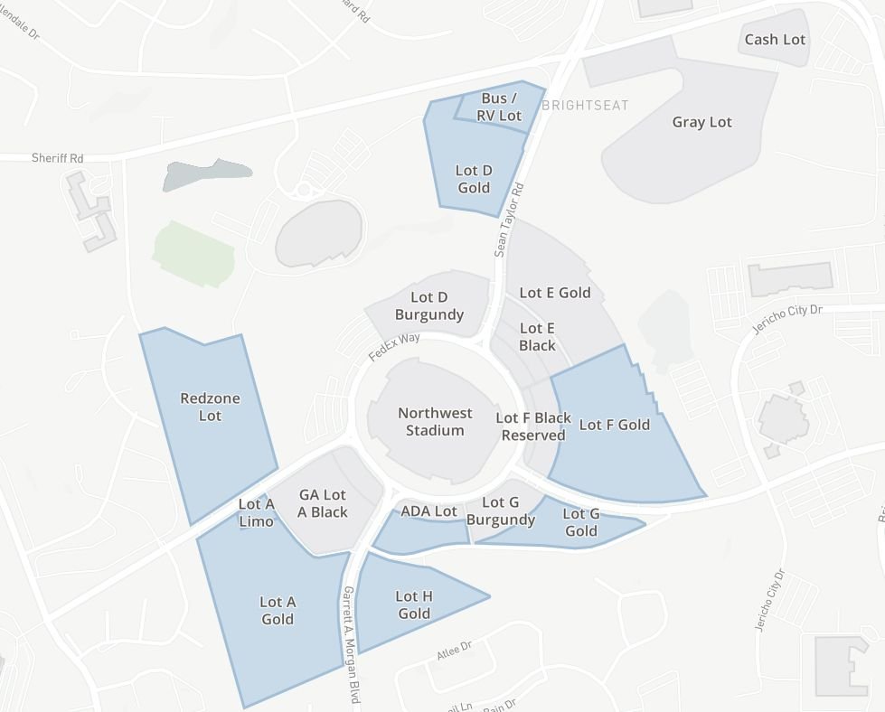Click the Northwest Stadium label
tap(435, 422)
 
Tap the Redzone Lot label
tap(210, 407)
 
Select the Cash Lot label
tap(775, 40)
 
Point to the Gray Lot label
tap(701, 122)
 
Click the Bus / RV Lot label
tap(500, 107)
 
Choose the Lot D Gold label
tap(474, 179)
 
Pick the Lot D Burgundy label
tap(429, 306)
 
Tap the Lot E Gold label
tap(555, 293)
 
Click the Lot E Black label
tap(537, 336)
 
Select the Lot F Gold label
tap(615, 425)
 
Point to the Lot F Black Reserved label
tap(533, 426)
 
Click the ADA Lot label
tap(428, 511)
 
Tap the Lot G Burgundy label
tap(501, 511)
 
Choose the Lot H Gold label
tap(414, 604)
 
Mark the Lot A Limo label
tap(256, 512)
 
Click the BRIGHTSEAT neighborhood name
tap(585, 106)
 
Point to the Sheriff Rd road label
tap(57, 158)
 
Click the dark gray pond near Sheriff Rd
tap(206, 174)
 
